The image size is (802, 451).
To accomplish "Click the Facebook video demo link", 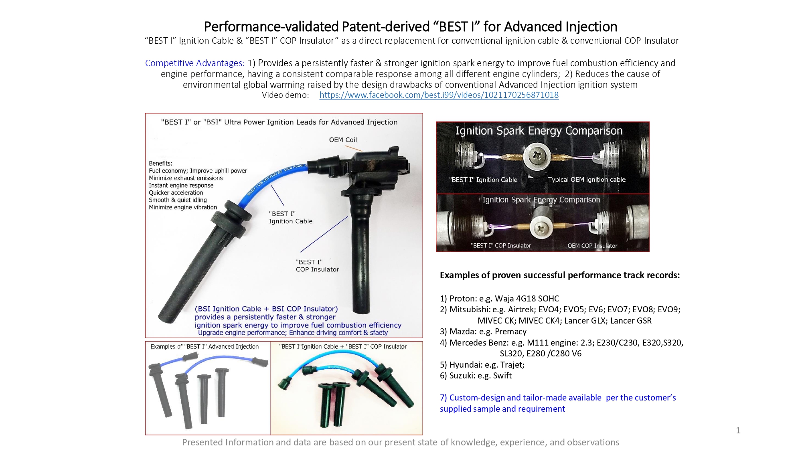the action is click(439, 95).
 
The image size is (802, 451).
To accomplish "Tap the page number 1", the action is click(738, 430).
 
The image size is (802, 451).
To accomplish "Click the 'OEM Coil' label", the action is click(343, 140).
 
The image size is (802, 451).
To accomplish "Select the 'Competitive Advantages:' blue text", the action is click(194, 63).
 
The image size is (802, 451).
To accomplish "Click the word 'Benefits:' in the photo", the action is click(160, 163).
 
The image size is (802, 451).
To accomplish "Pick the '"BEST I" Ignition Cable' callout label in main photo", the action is click(290, 217).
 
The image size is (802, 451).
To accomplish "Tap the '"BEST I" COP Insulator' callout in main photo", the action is click(317, 266).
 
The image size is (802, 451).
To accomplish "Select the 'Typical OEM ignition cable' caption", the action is click(587, 180).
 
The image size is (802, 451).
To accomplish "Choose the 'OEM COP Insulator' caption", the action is click(592, 246).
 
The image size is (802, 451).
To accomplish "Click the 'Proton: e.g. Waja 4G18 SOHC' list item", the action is click(499, 299).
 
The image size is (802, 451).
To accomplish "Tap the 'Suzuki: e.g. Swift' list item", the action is click(476, 376).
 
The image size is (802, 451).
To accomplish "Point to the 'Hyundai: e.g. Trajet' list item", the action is click(482, 365).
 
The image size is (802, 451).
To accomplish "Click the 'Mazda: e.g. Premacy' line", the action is click(483, 332).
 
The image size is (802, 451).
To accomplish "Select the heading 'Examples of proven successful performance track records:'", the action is click(560, 275).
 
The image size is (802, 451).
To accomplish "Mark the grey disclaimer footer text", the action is click(401, 442).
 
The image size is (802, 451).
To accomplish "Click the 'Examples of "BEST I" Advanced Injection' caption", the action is click(205, 346).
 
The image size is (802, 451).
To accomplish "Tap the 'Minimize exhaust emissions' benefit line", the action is click(186, 178).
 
